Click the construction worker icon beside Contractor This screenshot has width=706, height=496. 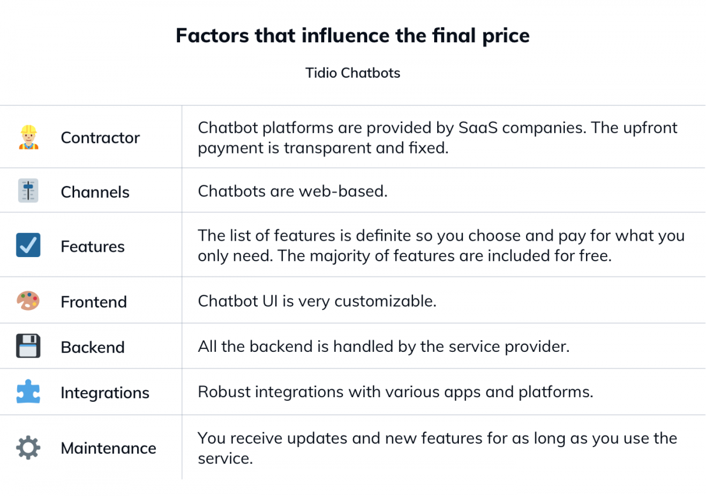coord(29,137)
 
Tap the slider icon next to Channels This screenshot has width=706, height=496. coord(28,191)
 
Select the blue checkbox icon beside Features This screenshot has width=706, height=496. coord(28,245)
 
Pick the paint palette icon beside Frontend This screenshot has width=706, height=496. coord(28,301)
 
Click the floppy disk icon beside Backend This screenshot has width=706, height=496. coord(28,346)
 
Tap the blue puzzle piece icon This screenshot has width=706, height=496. coord(28,391)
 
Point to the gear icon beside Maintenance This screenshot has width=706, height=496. coord(28,448)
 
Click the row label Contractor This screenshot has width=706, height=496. coord(100,138)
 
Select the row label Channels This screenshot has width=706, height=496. coord(95,192)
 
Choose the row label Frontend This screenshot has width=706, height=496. coord(94,302)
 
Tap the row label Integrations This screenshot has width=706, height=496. coord(105,393)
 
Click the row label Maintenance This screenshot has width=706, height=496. coord(108,448)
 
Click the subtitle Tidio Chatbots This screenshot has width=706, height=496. coord(352,73)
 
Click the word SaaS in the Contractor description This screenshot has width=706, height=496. coord(478,128)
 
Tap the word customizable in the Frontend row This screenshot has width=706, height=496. coord(385,301)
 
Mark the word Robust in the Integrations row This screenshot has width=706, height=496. coord(224,392)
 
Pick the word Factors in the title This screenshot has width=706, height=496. coord(212,35)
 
